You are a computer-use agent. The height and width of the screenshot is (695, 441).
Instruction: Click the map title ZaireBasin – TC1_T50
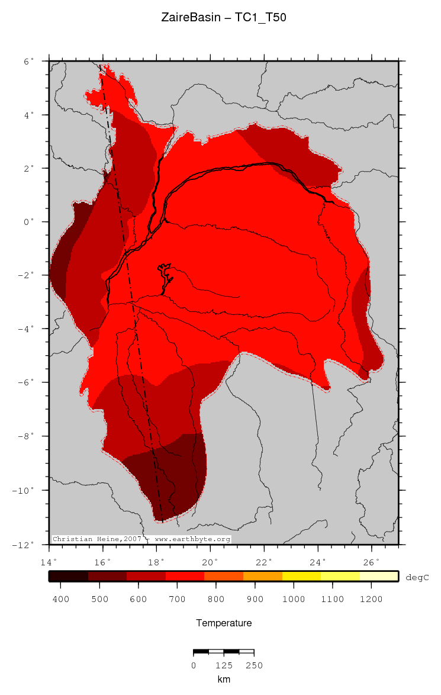pyautogui.click(x=224, y=18)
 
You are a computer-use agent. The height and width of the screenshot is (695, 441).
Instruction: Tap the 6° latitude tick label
pyautogui.click(x=28, y=61)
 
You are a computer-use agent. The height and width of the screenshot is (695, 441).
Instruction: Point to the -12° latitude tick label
pyautogui.click(x=25, y=544)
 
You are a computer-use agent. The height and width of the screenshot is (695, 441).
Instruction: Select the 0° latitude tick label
pyautogui.click(x=28, y=222)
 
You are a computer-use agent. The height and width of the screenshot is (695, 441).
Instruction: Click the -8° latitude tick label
pyautogui.click(x=25, y=436)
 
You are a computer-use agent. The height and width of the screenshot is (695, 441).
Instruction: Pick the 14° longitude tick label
pyautogui.click(x=49, y=561)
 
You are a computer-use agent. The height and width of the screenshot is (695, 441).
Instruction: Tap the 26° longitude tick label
pyautogui.click(x=372, y=561)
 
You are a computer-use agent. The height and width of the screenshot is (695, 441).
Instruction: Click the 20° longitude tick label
pyautogui.click(x=210, y=561)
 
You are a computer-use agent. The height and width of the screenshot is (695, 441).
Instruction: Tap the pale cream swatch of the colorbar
pyautogui.click(x=379, y=576)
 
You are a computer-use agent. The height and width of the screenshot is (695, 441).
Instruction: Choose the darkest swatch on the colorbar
pyautogui.click(x=68, y=576)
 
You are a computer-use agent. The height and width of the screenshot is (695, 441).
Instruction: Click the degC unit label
pyautogui.click(x=417, y=577)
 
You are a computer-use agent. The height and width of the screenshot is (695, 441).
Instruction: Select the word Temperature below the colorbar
pyautogui.click(x=224, y=623)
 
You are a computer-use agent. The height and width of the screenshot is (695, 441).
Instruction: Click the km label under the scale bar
pyautogui.click(x=224, y=679)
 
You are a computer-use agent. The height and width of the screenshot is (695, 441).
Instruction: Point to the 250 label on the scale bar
pyautogui.click(x=254, y=665)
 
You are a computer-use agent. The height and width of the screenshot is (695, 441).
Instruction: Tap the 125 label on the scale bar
pyautogui.click(x=224, y=665)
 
